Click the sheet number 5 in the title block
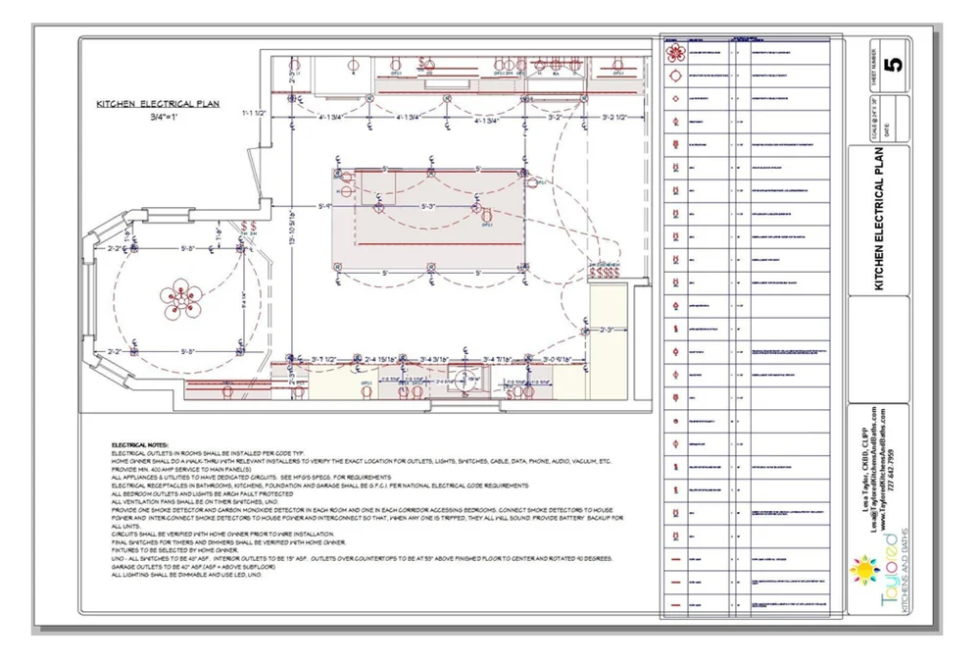click(x=891, y=65)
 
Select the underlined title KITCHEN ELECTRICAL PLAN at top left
click(x=158, y=102)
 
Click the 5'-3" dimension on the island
click(x=428, y=207)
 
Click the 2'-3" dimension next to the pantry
click(x=606, y=330)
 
